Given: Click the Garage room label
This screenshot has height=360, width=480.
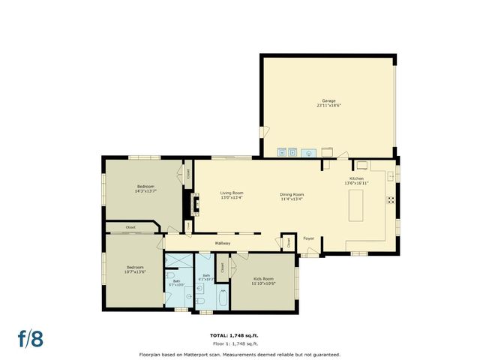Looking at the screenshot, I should [328, 100].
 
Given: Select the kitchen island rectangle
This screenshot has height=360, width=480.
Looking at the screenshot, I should [356, 205].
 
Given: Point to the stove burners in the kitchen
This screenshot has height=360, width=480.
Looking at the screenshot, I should [390, 200].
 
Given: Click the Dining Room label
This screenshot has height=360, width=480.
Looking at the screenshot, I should [292, 194].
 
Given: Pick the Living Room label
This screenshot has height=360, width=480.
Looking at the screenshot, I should [232, 193].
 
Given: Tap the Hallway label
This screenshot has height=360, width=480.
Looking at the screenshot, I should [223, 243].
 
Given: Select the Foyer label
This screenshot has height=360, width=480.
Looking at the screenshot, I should [308, 238].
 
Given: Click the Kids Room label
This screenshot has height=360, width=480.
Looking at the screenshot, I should [262, 278].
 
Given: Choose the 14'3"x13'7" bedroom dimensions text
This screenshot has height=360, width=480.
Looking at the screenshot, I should [145, 191].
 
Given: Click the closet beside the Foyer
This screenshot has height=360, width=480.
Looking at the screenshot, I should [287, 242].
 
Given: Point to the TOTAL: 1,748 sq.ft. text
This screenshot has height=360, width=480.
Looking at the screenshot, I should [239, 335].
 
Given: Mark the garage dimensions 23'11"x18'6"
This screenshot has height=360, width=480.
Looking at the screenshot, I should [328, 106].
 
